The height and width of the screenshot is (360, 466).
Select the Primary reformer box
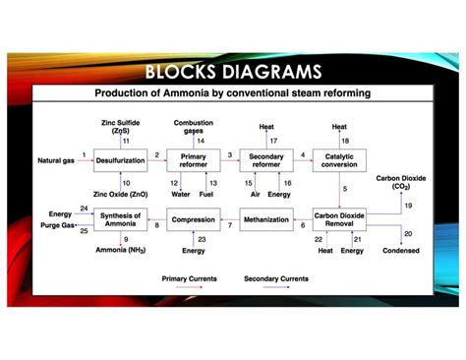pos(193,161)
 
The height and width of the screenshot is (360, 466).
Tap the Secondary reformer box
pos(265,161)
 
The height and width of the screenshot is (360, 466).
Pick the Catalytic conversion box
pos(339,161)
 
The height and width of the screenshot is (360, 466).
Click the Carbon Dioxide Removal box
pos(339,220)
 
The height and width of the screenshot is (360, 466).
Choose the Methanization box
pos(265,219)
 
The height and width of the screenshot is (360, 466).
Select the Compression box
pos(193,219)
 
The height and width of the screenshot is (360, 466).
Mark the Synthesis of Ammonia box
pos(120,219)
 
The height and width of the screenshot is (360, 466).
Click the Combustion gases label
pos(194,126)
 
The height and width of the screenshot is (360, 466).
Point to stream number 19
pos(408,205)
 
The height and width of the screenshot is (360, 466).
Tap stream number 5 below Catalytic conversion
pos(345,188)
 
